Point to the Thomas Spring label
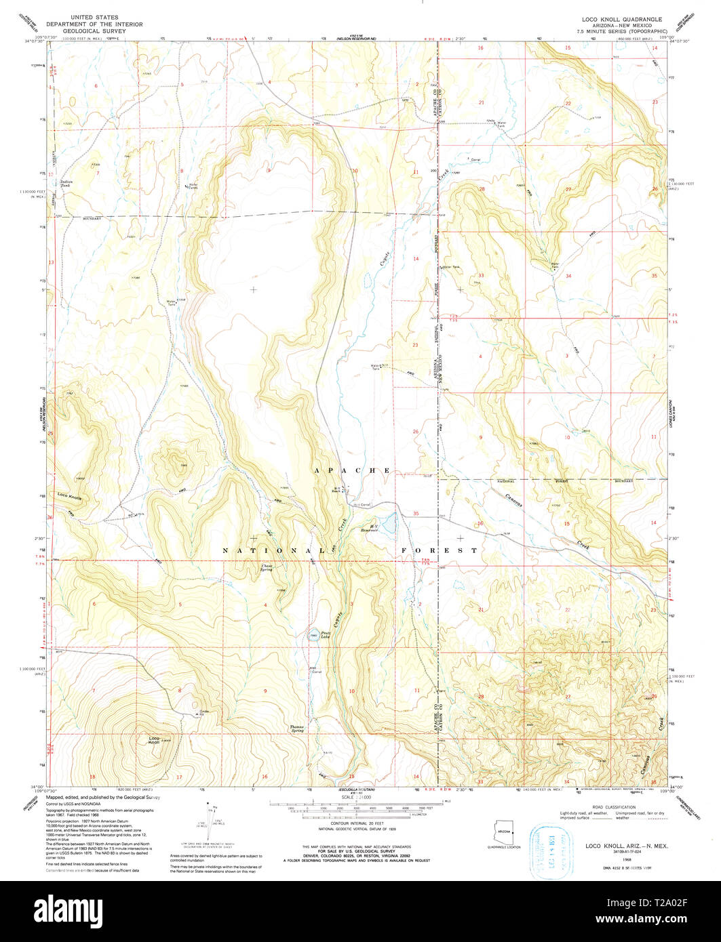click(297, 729)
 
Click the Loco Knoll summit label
click(155, 740)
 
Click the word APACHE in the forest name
click(352, 470)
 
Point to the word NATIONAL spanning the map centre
click(266, 551)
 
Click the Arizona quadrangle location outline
click(503, 832)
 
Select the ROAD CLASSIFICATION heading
click(613, 807)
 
